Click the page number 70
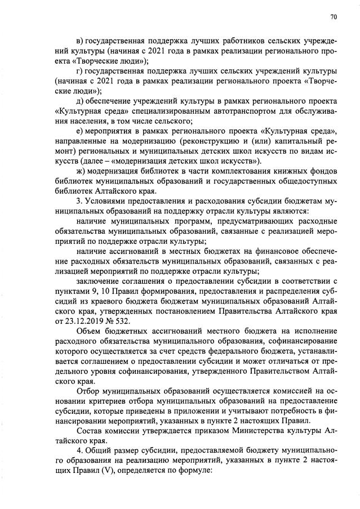click(333, 17)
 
